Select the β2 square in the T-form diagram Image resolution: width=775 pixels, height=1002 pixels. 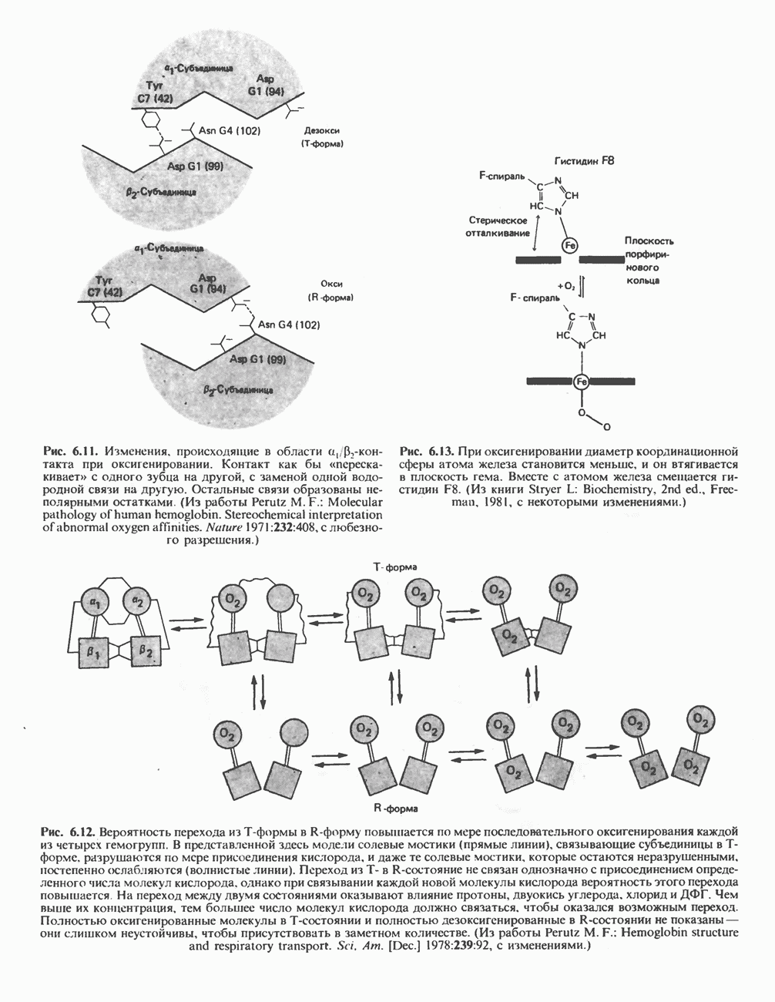point(146,653)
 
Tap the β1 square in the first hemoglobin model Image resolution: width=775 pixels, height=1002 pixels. point(94,653)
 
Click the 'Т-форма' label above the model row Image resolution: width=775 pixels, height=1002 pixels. point(396,567)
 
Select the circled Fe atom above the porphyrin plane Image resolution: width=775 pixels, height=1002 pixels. point(571,245)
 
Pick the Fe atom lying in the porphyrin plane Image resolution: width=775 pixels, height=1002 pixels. point(582,381)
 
